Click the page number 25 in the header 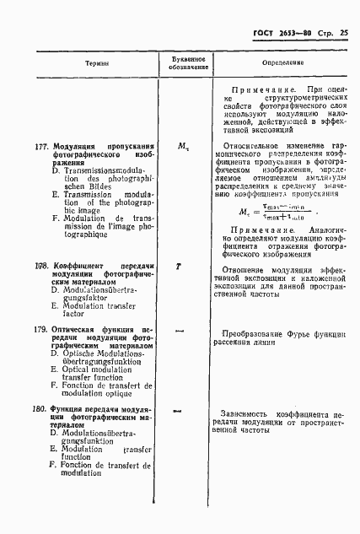[x=343, y=33]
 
